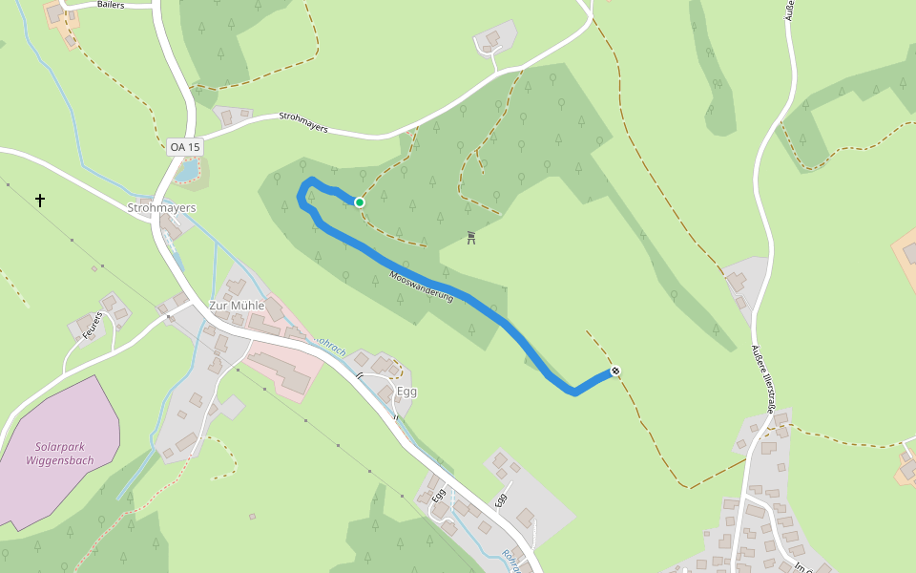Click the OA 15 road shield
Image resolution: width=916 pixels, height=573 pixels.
pos(184,146)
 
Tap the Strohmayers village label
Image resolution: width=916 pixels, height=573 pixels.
pos(161,207)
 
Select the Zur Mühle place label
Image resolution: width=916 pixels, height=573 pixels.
pos(237,306)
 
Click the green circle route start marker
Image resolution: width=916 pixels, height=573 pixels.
pos(360,202)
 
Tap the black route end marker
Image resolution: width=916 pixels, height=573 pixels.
pos(615,371)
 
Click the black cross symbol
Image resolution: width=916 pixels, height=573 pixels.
pos(40,201)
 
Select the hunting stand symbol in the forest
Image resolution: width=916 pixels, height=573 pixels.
pos(471,238)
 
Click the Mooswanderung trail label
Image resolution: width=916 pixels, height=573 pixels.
pos(421,289)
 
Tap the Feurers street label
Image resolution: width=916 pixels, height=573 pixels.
pos(93,325)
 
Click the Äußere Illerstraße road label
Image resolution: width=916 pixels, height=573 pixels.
pos(760,377)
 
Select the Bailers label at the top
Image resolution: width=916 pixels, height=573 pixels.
pos(111,5)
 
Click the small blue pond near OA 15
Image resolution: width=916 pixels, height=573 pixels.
pos(188,170)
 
